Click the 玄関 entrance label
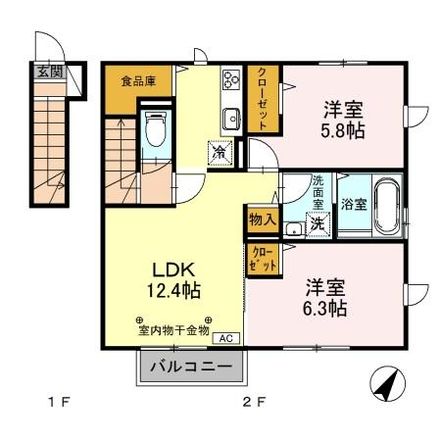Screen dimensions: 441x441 click(50, 71)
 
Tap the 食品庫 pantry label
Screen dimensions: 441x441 click(138, 80)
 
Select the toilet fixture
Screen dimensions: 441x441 click(155, 129)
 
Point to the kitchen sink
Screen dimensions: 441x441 click(231, 119)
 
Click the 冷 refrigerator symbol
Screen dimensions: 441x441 click(219, 152)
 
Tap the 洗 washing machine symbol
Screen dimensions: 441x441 click(319, 222)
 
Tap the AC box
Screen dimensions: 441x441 click(224, 339)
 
